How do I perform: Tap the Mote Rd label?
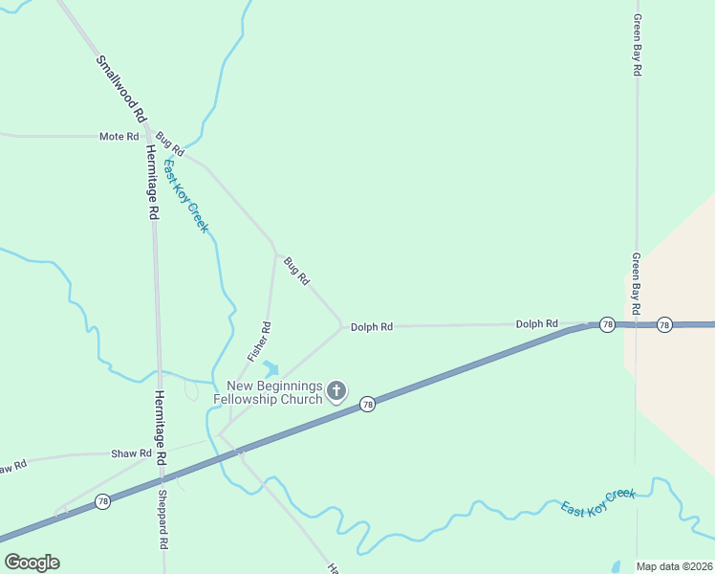tap(119, 137)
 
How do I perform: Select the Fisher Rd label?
tap(260, 341)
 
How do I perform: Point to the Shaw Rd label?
tap(131, 453)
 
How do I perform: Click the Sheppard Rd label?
tap(162, 519)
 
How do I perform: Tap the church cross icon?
tap(336, 390)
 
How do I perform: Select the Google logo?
tap(32, 562)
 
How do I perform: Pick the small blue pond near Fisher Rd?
tap(271, 368)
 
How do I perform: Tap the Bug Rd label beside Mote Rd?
tap(170, 143)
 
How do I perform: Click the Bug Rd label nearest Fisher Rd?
tap(297, 272)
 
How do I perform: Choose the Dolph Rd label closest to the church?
tap(371, 327)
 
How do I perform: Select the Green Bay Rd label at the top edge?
tap(637, 45)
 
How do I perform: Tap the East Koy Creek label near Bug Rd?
tap(185, 196)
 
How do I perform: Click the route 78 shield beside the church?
tap(367, 406)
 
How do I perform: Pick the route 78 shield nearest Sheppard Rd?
tap(103, 501)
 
